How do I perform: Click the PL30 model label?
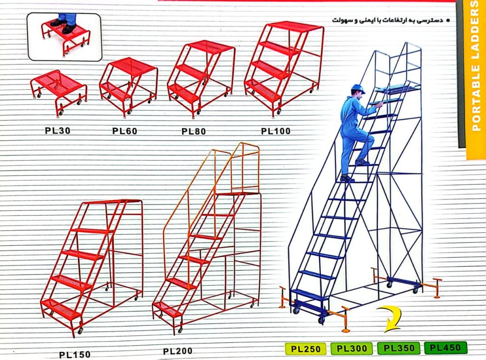57,131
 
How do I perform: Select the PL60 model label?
125,131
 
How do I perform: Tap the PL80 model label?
194,131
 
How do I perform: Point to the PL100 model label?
276,131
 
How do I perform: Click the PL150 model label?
75,354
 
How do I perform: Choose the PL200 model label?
178,351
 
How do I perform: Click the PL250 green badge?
306,349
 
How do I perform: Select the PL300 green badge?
352,349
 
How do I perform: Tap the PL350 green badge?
399,348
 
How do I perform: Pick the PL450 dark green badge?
445,348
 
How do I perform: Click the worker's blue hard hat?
358,89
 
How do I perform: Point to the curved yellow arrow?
392,319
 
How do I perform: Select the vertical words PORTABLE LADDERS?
475,66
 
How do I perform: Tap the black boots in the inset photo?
63,26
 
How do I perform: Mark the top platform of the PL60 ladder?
133,66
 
